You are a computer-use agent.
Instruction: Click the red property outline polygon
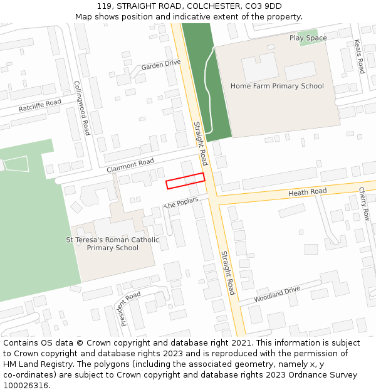(185, 181)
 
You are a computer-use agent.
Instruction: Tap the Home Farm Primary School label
(277, 86)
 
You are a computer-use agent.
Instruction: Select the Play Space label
(308, 38)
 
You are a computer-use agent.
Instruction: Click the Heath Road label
(307, 191)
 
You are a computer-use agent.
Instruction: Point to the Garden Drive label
(160, 65)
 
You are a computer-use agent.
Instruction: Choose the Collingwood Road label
(82, 108)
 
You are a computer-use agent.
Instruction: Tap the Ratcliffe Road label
(39, 105)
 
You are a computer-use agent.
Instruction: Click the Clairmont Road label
(130, 166)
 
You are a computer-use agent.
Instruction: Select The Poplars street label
(181, 203)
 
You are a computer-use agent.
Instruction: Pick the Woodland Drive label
(277, 294)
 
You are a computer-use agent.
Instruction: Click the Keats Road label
(359, 56)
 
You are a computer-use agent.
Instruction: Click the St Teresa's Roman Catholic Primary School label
(113, 243)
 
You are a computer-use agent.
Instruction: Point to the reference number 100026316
(24, 385)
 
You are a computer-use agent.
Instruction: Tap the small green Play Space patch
(307, 38)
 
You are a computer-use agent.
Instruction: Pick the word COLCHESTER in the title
(213, 6)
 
